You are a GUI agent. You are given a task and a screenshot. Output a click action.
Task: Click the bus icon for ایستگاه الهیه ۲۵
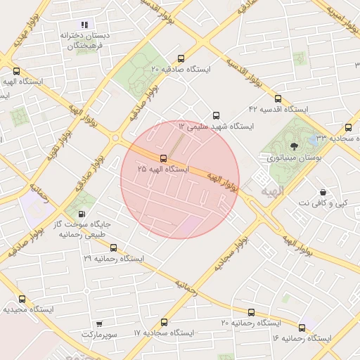pos(164,158)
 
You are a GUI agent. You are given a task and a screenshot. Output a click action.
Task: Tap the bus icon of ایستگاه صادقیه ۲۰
pos(181,59)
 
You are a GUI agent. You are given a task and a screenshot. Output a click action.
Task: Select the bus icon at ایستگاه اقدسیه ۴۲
pos(278,98)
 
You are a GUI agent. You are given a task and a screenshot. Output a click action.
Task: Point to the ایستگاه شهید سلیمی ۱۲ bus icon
pos(216,115)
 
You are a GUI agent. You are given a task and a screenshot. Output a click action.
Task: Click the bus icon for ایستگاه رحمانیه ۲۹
pos(114,247)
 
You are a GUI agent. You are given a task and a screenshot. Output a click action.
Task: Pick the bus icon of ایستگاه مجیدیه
pos(22,299)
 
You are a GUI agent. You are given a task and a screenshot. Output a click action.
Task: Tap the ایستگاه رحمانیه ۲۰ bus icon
pos(251,312)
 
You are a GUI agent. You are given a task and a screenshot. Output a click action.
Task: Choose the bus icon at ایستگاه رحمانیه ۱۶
pos(302,328)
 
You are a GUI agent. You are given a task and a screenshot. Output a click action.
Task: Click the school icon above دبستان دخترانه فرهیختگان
pos(87,25)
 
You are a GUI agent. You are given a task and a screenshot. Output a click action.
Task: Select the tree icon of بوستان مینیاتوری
pos(293,146)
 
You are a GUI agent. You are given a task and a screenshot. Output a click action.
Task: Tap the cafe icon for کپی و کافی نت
pos(323,192)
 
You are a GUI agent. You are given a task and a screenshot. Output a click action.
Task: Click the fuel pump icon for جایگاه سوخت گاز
pos(82,214)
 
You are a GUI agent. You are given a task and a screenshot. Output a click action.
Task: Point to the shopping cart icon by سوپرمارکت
pos(99,325)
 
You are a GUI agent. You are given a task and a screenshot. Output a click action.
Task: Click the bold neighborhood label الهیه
pos(271,191)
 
